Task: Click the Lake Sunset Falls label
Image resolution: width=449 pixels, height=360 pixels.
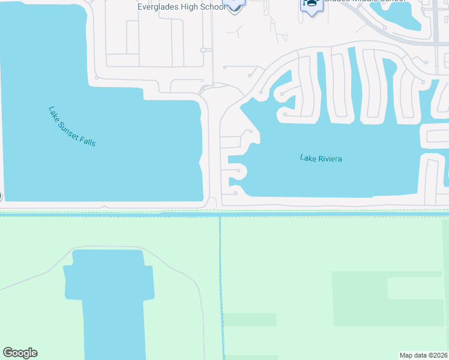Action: [x=71, y=127]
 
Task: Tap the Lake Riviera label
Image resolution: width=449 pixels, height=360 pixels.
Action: [x=321, y=158]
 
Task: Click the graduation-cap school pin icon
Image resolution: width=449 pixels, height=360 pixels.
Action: [x=311, y=4]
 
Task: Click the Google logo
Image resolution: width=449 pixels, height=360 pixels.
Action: [x=20, y=353]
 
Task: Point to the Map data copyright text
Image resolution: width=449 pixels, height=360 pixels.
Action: [x=424, y=355]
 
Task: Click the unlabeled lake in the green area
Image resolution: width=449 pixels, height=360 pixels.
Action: [x=111, y=300]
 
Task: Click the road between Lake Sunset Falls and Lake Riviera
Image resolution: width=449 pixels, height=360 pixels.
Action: [x=211, y=150]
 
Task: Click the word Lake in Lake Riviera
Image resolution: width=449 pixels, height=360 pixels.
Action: [x=307, y=158]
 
